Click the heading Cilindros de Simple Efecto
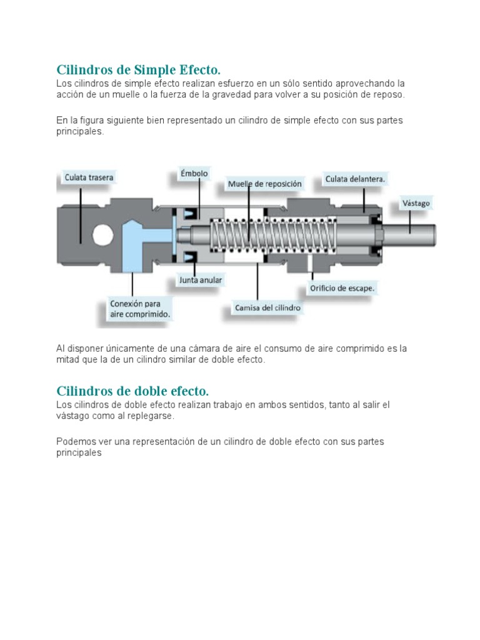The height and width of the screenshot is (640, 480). pyautogui.click(x=139, y=69)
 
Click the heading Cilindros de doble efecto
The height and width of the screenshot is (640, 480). pyautogui.click(x=132, y=391)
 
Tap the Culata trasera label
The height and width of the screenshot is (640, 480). pyautogui.click(x=89, y=177)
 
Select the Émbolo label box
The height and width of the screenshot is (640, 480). pyautogui.click(x=194, y=173)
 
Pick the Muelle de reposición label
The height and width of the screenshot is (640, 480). pyautogui.click(x=264, y=184)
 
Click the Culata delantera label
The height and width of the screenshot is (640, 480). pyautogui.click(x=355, y=179)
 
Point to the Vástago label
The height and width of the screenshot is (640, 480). pyautogui.click(x=415, y=203)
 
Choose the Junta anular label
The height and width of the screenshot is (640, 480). pyautogui.click(x=201, y=280)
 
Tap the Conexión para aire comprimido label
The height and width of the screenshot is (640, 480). pyautogui.click(x=139, y=309)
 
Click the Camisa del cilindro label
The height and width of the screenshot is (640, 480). pyautogui.click(x=267, y=307)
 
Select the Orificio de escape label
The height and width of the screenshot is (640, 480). pyautogui.click(x=342, y=289)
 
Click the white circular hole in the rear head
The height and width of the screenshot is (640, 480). pyautogui.click(x=103, y=234)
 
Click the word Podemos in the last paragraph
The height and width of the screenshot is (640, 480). pyautogui.click(x=74, y=441)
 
